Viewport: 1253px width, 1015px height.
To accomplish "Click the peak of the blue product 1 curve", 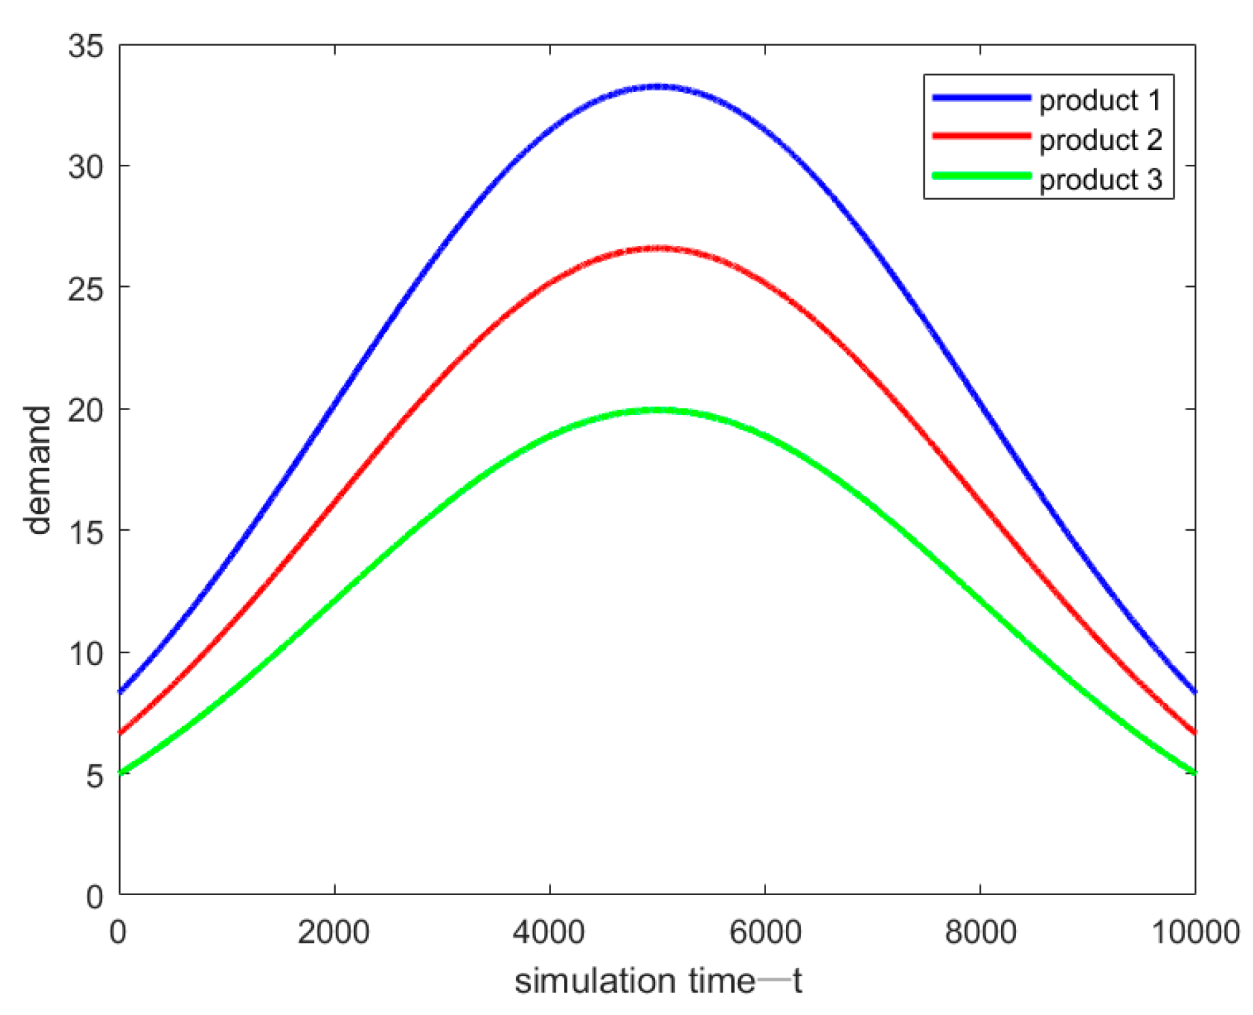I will click(658, 87).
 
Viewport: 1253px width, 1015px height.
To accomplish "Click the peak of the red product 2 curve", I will click(658, 249).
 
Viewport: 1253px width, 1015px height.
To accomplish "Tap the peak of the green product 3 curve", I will click(658, 410).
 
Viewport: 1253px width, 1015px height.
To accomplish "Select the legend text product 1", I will click(1100, 100).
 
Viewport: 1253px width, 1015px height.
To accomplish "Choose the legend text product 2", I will click(1100, 140).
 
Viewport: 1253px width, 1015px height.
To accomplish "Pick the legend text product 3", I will click(1100, 179).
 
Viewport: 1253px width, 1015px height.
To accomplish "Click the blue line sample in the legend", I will click(981, 98).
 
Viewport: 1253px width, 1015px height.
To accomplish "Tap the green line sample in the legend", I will click(981, 176).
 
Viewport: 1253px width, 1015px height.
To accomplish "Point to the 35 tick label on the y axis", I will click(86, 46).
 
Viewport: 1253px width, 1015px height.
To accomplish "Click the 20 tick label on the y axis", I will click(86, 410).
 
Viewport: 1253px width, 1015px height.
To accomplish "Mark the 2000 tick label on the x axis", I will click(334, 932).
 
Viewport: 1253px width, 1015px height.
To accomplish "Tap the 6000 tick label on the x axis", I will click(765, 932).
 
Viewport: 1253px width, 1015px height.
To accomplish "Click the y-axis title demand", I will click(37, 470).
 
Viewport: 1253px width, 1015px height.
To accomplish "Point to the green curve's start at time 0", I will click(121, 773).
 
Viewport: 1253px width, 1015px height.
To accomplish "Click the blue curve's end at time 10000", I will click(1194, 691).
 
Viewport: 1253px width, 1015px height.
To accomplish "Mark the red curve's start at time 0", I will click(121, 732).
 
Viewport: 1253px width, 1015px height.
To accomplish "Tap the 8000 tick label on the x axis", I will click(980, 932).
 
